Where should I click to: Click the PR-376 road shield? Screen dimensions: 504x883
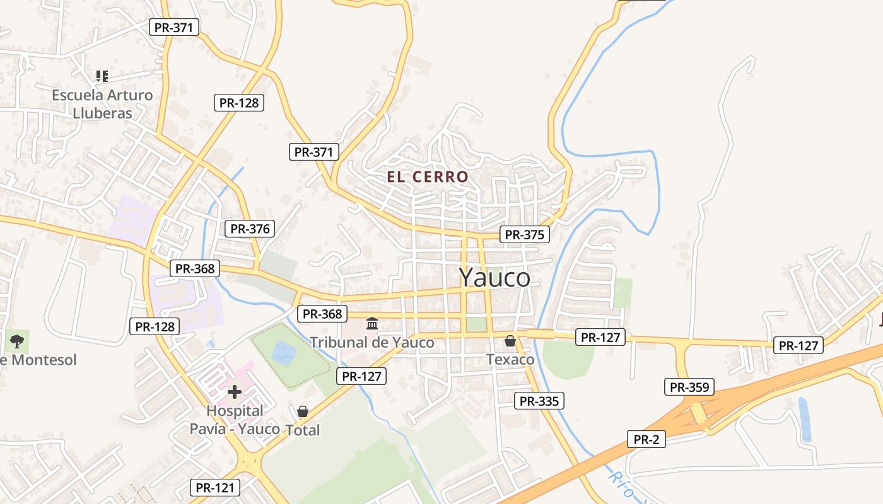pyautogui.click(x=250, y=229)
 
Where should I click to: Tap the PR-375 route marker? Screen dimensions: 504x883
pyautogui.click(x=524, y=234)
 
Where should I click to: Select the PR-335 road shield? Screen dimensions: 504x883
pyautogui.click(x=539, y=401)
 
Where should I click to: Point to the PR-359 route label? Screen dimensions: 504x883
pyautogui.click(x=689, y=387)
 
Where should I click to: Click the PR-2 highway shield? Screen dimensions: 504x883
pyautogui.click(x=646, y=439)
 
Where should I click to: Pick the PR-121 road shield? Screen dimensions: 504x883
pyautogui.click(x=215, y=487)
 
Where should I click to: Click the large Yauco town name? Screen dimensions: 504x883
pyautogui.click(x=494, y=277)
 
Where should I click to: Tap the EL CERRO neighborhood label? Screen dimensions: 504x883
pyautogui.click(x=428, y=177)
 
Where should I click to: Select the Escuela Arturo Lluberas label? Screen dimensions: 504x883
pyautogui.click(x=102, y=104)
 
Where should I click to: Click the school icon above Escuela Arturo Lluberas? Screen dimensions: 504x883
pyautogui.click(x=102, y=76)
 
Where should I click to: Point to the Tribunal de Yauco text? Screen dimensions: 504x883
pyautogui.click(x=371, y=342)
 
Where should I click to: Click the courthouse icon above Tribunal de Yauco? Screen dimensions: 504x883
pyautogui.click(x=372, y=324)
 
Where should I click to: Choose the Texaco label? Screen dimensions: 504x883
pyautogui.click(x=510, y=360)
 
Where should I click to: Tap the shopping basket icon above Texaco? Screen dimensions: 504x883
pyautogui.click(x=510, y=341)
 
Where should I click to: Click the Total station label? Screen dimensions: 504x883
pyautogui.click(x=303, y=430)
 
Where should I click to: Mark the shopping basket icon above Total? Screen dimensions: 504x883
pyautogui.click(x=303, y=411)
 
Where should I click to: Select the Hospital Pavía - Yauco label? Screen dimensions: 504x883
pyautogui.click(x=235, y=420)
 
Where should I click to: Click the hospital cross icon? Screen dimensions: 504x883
pyautogui.click(x=235, y=392)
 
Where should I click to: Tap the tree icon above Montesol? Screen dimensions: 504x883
pyautogui.click(x=17, y=341)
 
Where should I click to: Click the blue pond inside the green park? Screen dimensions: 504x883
pyautogui.click(x=284, y=353)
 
